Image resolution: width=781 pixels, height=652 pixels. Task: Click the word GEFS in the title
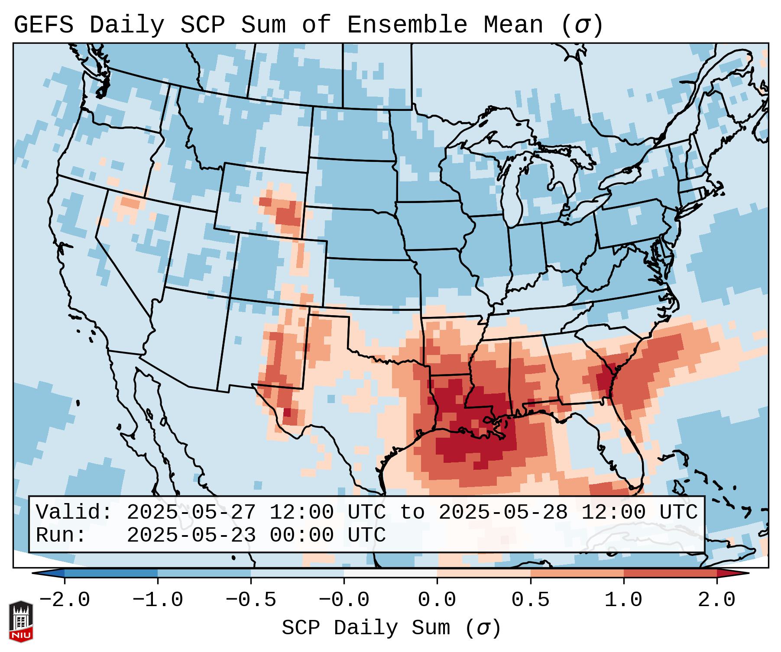(x=43, y=25)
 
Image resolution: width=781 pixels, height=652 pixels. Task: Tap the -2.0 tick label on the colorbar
(x=65, y=600)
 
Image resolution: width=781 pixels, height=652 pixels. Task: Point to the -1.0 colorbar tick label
(x=158, y=600)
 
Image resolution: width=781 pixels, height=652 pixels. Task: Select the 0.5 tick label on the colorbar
(x=530, y=600)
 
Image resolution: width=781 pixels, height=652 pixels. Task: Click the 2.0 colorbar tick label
(x=716, y=600)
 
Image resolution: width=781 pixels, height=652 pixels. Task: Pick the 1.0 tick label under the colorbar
(x=623, y=600)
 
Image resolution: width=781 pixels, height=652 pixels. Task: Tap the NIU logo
(x=21, y=621)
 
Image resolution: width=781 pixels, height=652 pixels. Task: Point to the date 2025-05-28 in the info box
(x=503, y=513)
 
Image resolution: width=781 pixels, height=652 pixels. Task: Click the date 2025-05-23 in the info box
(x=191, y=536)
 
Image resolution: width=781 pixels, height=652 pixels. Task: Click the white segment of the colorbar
(x=390, y=573)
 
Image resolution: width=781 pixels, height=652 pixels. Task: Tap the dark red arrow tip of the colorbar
(x=736, y=573)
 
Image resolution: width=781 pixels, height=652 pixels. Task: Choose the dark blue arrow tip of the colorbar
(x=45, y=573)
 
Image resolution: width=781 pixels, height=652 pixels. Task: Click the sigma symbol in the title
(x=582, y=25)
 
